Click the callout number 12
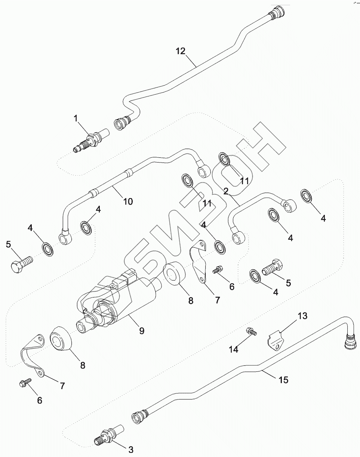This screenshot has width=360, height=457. (x=181, y=51)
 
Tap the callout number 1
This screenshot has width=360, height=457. (x=76, y=119)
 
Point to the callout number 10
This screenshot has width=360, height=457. (x=128, y=202)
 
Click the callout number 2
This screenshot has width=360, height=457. (x=226, y=191)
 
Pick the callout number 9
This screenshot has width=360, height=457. (x=142, y=330)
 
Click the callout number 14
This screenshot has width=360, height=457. (x=234, y=349)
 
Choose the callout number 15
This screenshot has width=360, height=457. (x=284, y=380)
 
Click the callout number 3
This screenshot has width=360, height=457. (x=131, y=450)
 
